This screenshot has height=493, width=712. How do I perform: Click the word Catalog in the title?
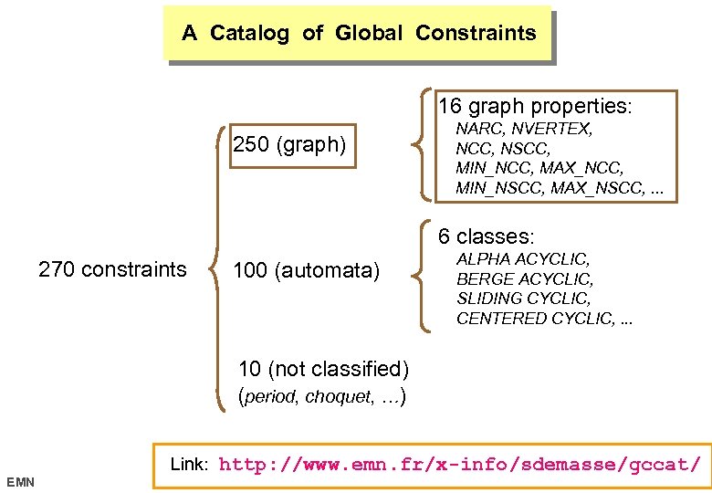click(x=249, y=34)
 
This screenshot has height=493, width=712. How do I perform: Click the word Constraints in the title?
click(x=476, y=34)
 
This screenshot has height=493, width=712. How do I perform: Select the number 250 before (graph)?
click(x=251, y=145)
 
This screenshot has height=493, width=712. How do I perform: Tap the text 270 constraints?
click(x=112, y=269)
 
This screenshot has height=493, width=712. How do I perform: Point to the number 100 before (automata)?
click(x=251, y=270)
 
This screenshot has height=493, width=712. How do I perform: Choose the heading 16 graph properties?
click(x=535, y=106)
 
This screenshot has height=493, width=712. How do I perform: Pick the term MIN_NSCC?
click(x=498, y=189)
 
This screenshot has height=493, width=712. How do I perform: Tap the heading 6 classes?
click(x=486, y=236)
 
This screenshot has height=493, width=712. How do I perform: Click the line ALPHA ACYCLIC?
click(x=523, y=260)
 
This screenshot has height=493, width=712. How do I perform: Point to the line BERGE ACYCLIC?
click(x=525, y=279)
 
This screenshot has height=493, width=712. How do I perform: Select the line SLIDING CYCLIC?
click(x=524, y=299)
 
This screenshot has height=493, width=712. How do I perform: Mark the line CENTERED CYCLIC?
click(x=534, y=319)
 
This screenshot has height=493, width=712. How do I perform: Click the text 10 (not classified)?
click(x=323, y=369)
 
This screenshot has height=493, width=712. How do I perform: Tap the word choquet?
click(x=334, y=397)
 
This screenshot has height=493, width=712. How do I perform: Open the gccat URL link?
click(x=460, y=465)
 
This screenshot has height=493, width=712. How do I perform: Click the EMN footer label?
click(x=20, y=481)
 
